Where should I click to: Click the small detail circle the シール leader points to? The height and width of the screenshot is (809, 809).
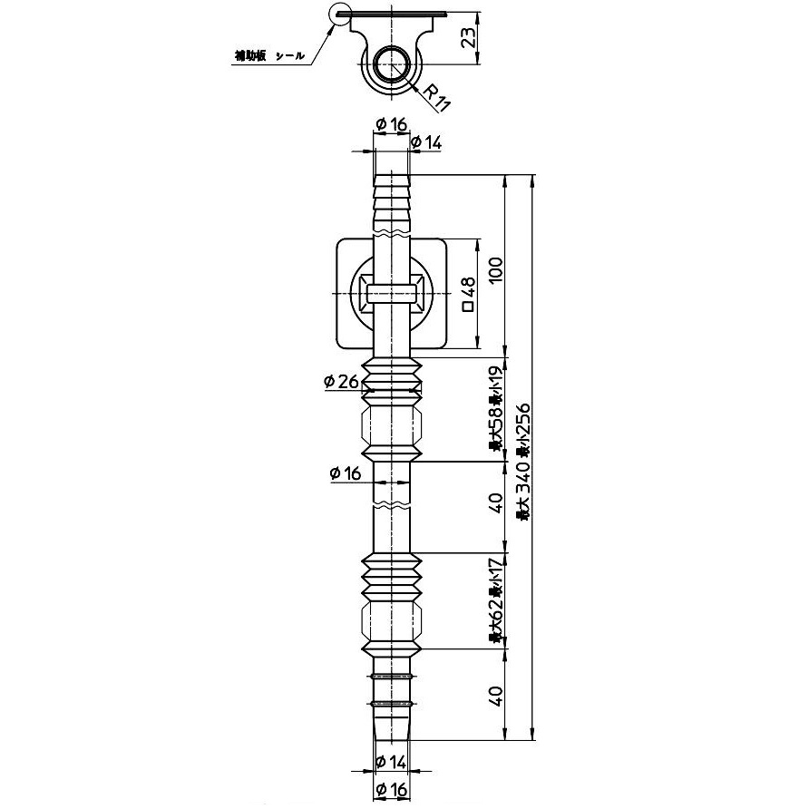click(341, 15)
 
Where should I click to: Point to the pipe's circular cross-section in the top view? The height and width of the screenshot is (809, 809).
click(393, 64)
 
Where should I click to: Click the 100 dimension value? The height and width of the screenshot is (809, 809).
click(494, 269)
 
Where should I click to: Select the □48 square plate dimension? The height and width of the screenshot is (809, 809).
click(469, 294)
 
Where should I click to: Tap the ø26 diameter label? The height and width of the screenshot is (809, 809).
click(340, 382)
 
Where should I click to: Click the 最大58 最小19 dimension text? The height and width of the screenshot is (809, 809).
click(495, 408)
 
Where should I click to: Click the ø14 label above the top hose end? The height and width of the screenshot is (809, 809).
click(425, 141)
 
